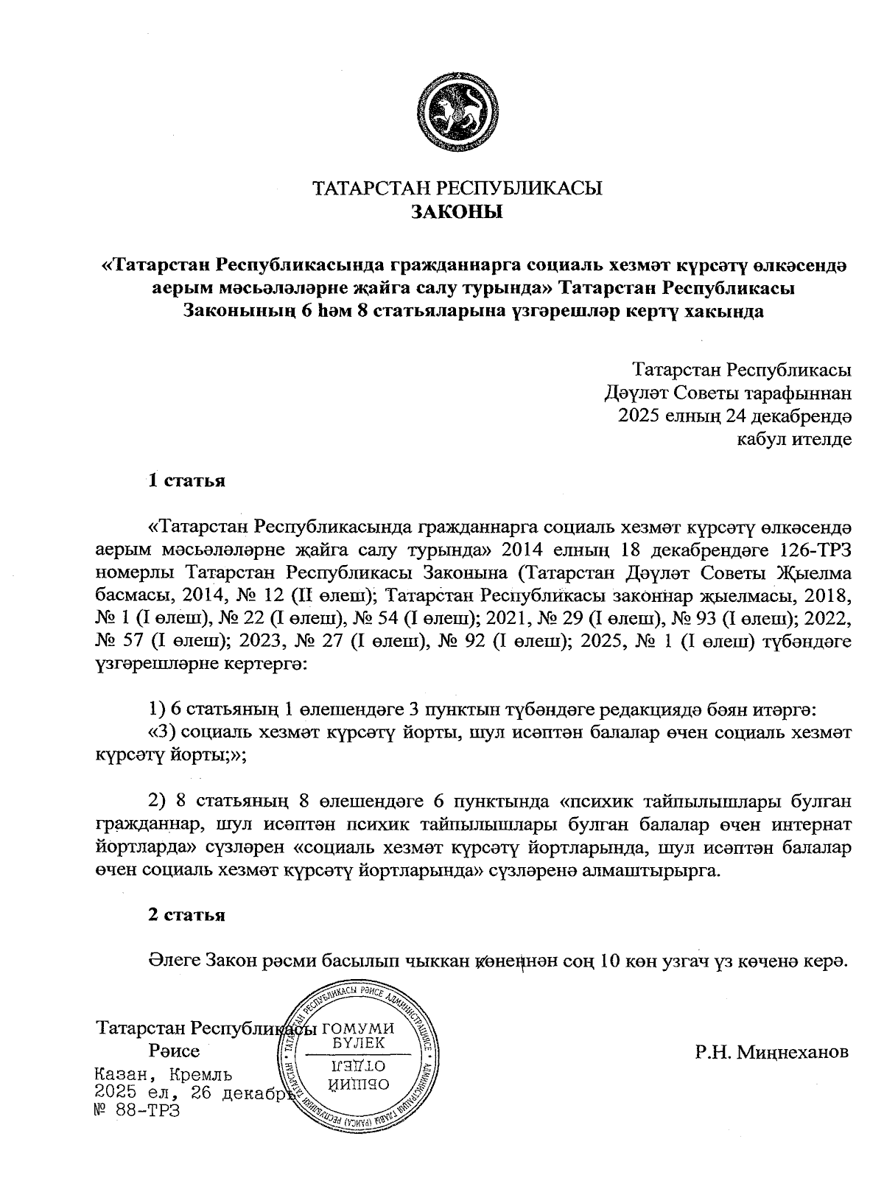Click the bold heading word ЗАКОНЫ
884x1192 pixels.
pos(457,214)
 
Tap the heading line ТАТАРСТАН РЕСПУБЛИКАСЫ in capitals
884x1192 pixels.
pos(457,189)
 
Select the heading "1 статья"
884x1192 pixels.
pos(186,481)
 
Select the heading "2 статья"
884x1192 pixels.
pos(186,915)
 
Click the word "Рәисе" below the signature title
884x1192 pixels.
pos(174,1050)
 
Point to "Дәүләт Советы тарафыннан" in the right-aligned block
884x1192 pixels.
pos(727,393)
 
